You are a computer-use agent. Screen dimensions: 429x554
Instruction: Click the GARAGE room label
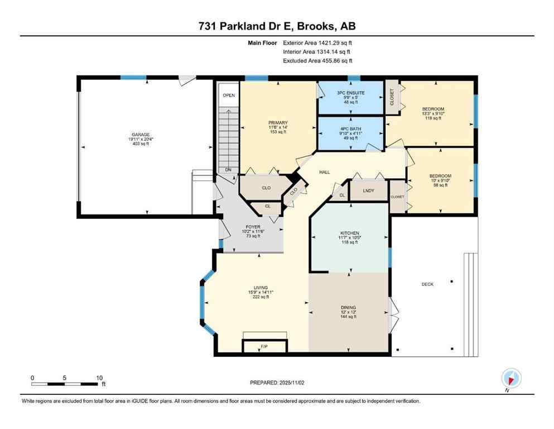(x=140, y=135)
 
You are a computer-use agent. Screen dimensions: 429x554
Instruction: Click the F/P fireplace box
(x=264, y=347)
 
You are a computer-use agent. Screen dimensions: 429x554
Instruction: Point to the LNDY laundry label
(x=368, y=190)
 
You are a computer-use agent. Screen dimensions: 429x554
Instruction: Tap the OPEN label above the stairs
(x=228, y=96)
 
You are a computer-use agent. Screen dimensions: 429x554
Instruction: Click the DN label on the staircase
(x=228, y=170)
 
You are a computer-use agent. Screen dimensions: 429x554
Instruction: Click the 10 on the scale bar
(x=100, y=378)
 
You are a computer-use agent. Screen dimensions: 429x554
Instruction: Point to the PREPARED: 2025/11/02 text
(x=277, y=383)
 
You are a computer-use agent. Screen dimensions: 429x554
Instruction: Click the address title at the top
(x=277, y=26)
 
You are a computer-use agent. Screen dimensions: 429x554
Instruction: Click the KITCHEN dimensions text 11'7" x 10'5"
(x=350, y=237)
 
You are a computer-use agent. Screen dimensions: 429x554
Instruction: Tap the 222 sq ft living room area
(x=261, y=297)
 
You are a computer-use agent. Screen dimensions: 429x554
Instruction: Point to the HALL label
(x=324, y=172)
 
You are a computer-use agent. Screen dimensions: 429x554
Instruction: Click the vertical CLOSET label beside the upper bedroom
(x=392, y=97)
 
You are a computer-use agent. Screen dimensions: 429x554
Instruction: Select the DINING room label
(x=349, y=307)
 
